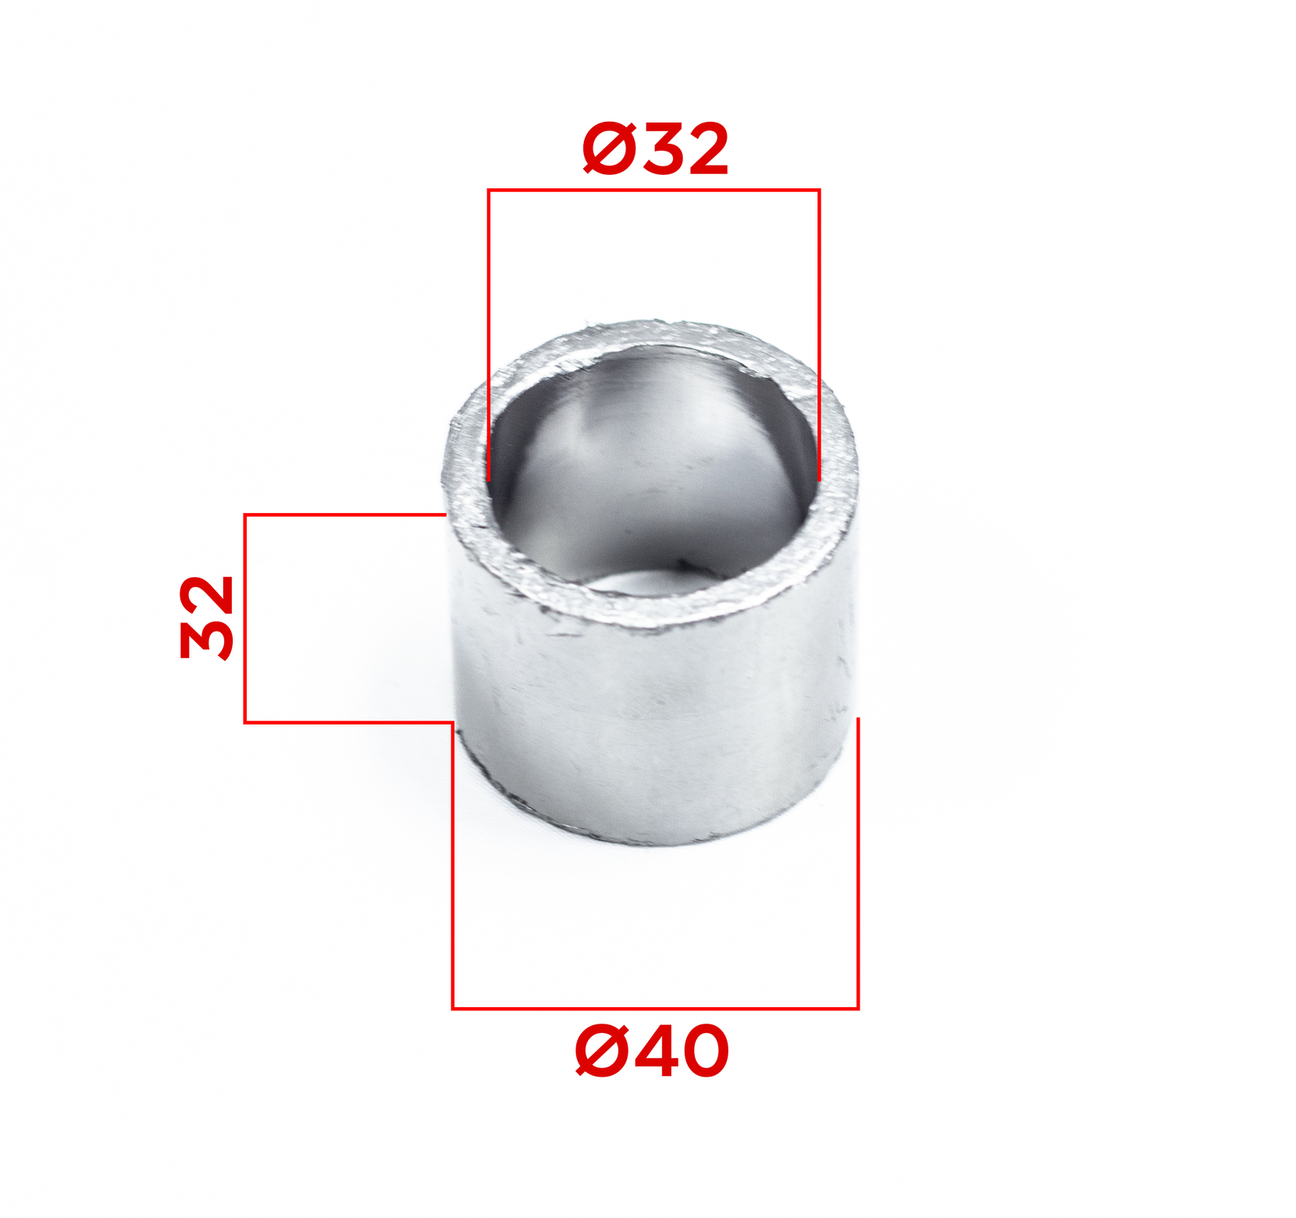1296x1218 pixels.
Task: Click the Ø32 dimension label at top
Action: [655, 148]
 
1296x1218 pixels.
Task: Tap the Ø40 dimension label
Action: [652, 1052]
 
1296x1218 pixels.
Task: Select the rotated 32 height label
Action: [207, 618]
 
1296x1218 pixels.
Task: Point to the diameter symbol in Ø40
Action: [603, 1052]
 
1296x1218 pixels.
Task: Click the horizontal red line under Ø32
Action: [653, 190]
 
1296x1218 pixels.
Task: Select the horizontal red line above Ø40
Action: [655, 1008]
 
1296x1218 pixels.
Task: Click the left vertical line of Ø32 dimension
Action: [489, 335]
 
